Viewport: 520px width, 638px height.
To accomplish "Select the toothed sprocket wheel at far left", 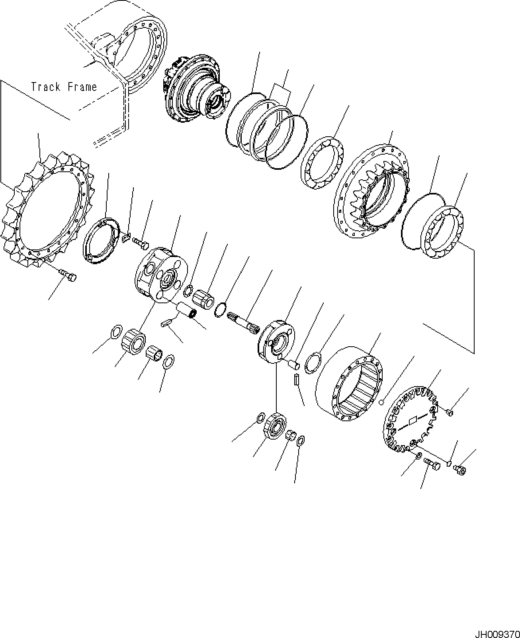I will tap(48, 209).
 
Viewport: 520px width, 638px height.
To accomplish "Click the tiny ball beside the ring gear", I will tap(381, 402).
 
